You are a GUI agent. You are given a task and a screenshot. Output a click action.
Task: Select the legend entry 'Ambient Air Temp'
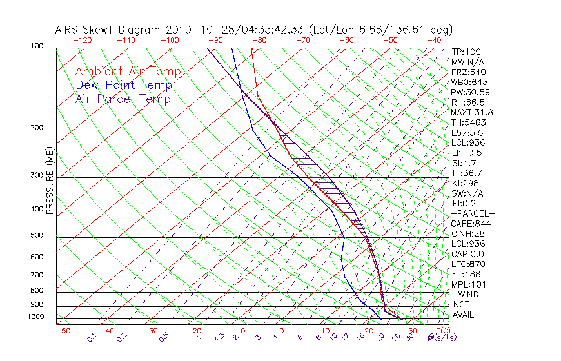pos(128,72)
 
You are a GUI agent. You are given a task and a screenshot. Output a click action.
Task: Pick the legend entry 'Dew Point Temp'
pos(123,85)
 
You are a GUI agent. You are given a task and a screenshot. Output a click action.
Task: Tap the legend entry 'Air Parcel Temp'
pos(123,99)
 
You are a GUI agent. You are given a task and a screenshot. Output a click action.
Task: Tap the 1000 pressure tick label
pos(36,317)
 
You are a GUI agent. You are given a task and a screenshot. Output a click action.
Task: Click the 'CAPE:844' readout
pos(471,224)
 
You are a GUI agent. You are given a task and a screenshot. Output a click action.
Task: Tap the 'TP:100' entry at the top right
pos(466,52)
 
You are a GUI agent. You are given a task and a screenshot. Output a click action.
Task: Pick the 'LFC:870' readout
pos(468,264)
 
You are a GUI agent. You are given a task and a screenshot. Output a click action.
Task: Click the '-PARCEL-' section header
pos(473,213)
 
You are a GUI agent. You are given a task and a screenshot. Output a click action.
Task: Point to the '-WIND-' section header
pos(468,295)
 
